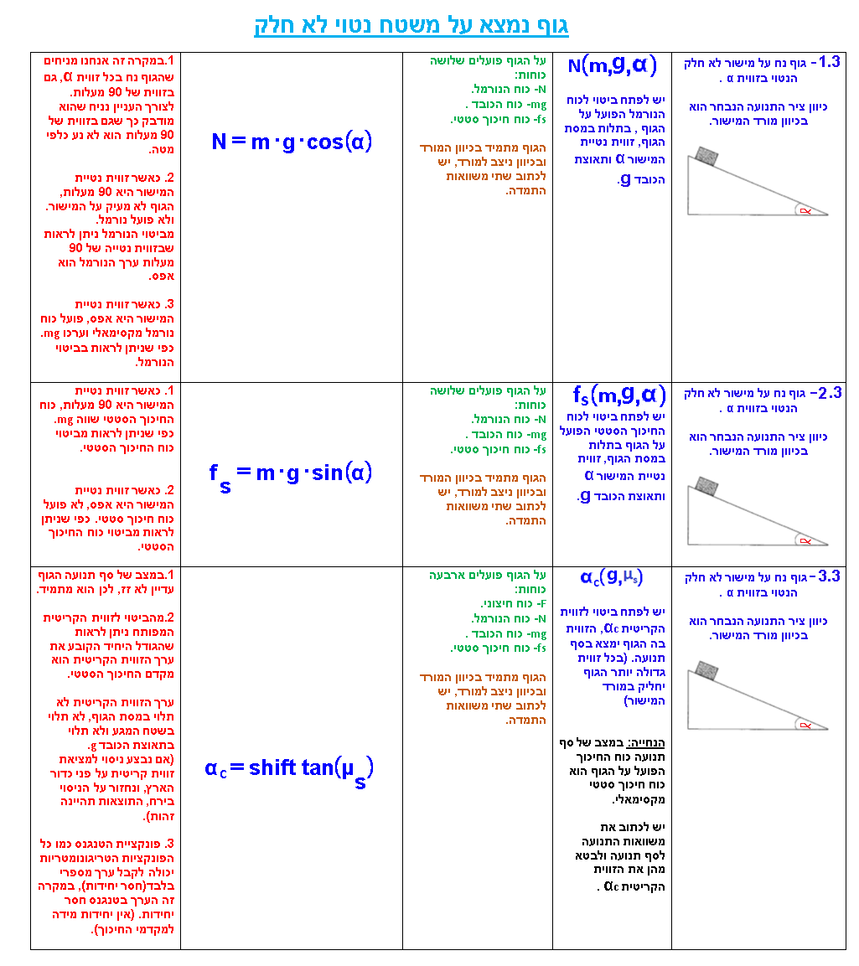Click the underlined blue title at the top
pos(411,26)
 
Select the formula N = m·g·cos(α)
pos(292,142)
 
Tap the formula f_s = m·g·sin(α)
pos(291,474)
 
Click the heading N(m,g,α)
pos(612,65)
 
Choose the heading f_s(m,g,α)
pos(618,395)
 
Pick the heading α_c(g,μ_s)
pos(612,577)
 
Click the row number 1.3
pos(828,62)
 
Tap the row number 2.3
pos(828,392)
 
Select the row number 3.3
pos(828,576)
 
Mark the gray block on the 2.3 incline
pos(706,486)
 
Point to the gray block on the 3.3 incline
pos(706,670)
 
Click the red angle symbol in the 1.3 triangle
pos(805,210)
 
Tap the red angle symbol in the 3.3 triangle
pos(805,725)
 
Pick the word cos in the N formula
pos(324,142)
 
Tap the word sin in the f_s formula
pos(325,473)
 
